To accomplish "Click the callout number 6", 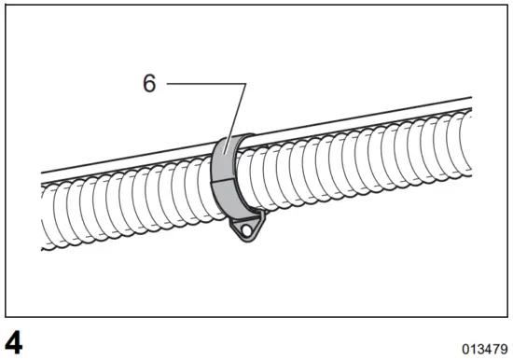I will [x=149, y=84].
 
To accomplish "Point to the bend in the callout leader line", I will [x=246, y=85].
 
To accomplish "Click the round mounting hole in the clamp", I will [x=247, y=227].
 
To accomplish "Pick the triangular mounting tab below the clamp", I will [x=245, y=227].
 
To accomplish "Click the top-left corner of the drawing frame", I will [x=7, y=7].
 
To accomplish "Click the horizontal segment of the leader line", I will [x=205, y=85].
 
